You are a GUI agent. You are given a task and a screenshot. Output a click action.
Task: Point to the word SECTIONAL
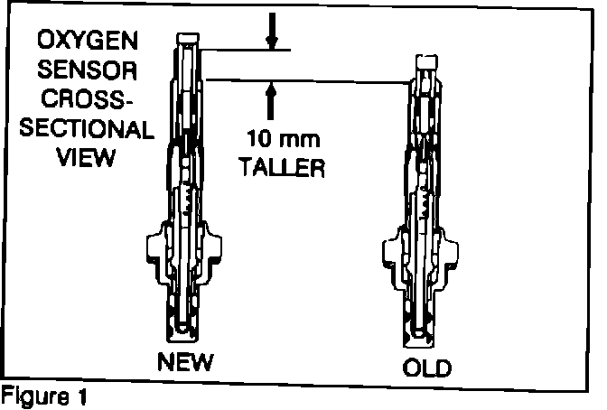(x=86, y=128)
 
